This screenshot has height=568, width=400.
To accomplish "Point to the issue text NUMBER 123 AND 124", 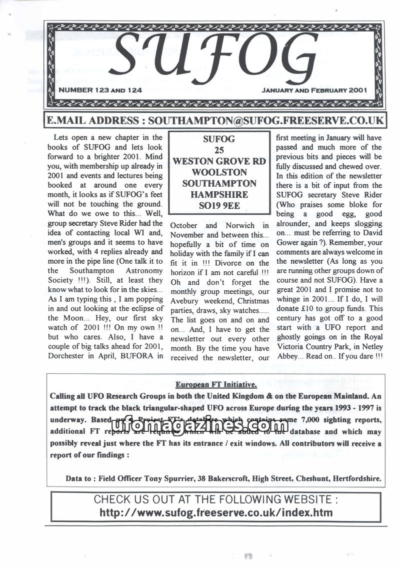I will point(100,91).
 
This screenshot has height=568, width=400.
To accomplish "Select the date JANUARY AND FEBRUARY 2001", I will point(314,91).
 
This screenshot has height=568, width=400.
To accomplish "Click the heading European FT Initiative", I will point(216,385).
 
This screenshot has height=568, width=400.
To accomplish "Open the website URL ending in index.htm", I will point(216,512).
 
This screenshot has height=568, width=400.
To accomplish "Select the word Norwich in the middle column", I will point(242,225).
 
